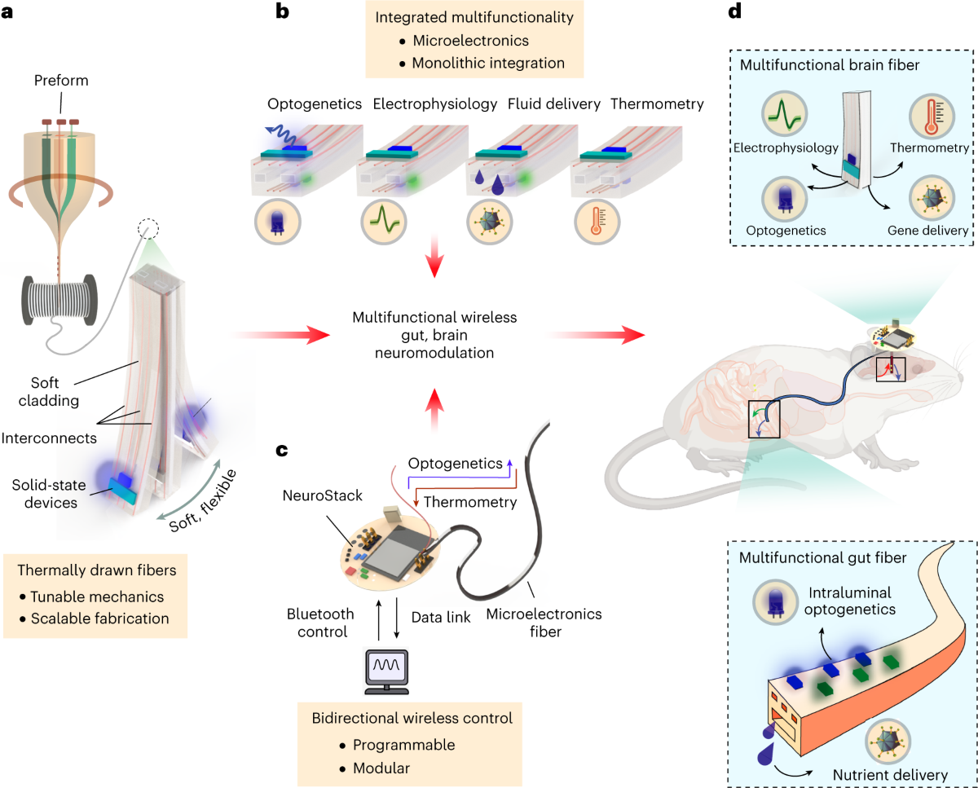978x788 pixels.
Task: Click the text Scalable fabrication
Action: tap(102, 618)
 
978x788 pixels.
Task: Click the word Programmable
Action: tap(403, 745)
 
